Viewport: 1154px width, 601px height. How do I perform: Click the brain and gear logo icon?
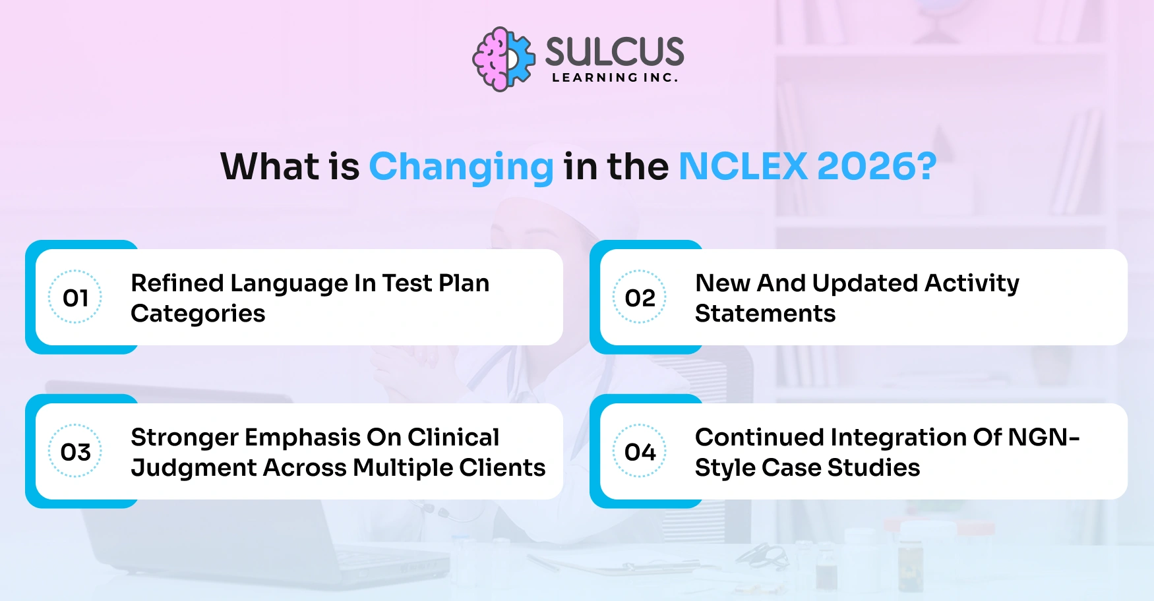click(504, 59)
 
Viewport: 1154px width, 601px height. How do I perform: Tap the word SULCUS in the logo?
click(615, 51)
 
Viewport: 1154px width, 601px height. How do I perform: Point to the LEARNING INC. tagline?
click(615, 78)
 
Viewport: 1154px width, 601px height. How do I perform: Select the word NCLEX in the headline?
click(743, 166)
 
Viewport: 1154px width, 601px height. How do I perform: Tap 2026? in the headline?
click(877, 166)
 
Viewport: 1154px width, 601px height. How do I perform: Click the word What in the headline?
click(271, 166)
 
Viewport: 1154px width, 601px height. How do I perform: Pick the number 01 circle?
click(75, 297)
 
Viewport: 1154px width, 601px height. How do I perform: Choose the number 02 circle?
click(640, 297)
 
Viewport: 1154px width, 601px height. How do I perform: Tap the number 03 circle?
click(75, 451)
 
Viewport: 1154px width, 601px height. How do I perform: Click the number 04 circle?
click(640, 451)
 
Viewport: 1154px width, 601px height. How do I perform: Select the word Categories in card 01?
click(198, 314)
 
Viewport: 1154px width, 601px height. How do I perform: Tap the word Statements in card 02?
click(765, 314)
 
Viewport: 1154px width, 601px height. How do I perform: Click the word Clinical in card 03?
click(453, 438)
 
